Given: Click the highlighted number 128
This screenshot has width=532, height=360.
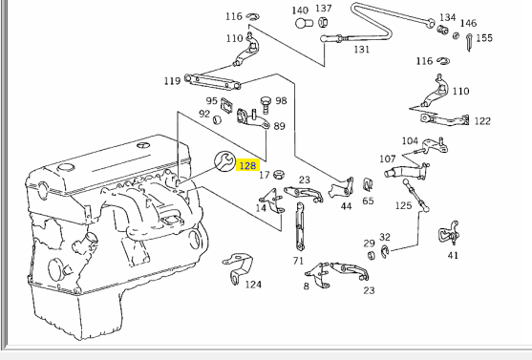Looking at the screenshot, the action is pos(247,165).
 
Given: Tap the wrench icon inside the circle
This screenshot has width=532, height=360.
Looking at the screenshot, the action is pos(224,160).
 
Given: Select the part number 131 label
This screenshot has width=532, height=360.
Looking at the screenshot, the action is pos(361,50).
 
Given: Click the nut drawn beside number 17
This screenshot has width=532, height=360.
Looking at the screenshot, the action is pos(279,175).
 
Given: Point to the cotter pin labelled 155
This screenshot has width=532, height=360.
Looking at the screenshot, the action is pos(469,42).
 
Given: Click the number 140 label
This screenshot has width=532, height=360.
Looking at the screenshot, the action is pos(300,11).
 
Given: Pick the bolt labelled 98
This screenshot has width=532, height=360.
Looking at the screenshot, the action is pos(266,105).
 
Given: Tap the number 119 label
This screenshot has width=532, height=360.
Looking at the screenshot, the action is pos(172,81).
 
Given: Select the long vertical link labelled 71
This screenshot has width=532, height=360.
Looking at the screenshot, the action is pos(300,226).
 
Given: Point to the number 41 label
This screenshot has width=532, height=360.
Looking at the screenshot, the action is pos(453,255).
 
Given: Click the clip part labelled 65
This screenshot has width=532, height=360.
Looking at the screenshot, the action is pos(368,184).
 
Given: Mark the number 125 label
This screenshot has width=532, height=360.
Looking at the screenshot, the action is pos(403,205).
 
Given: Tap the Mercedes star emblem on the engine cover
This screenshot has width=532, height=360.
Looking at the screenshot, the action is pos(142,145).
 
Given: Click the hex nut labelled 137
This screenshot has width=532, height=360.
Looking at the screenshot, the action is pos(323,22).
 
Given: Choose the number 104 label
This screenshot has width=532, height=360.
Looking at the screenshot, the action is pos(410,140).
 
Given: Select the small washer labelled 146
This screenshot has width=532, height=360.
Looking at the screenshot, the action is pos(457,35).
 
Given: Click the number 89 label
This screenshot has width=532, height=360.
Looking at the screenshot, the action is pos(279,126).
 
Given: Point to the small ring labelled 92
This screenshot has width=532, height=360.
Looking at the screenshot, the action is pos(217,119).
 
